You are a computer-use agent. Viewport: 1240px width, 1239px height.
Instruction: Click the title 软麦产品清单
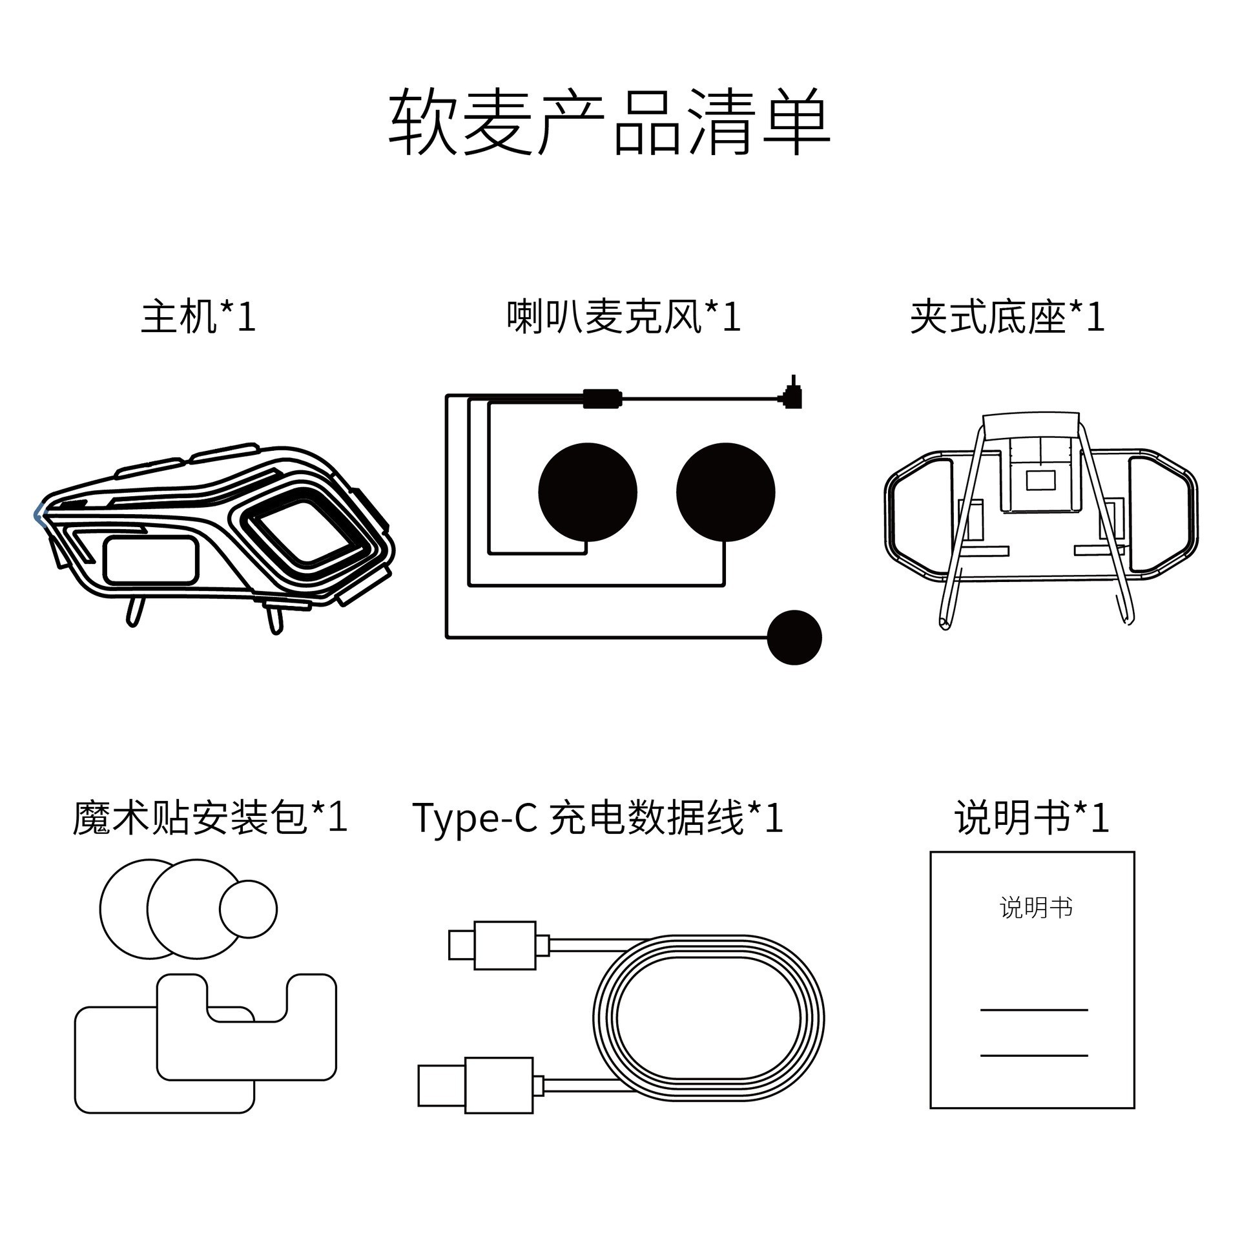click(x=609, y=122)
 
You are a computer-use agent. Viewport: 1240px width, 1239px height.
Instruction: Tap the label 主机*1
click(x=198, y=317)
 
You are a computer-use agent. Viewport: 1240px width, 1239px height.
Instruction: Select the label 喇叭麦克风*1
click(x=623, y=317)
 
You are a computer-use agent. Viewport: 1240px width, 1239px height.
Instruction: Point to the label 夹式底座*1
click(x=1007, y=317)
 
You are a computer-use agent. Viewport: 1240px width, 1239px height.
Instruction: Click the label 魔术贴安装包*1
click(x=210, y=817)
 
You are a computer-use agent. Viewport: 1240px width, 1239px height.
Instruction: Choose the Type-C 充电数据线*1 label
click(x=597, y=817)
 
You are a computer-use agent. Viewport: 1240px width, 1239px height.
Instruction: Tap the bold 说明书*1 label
click(x=1031, y=817)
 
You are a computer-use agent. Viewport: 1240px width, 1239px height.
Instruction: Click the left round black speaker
click(x=587, y=492)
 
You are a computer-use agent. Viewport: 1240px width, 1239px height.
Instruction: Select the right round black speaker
click(x=725, y=492)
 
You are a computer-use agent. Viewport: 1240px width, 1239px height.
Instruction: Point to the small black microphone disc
click(x=794, y=637)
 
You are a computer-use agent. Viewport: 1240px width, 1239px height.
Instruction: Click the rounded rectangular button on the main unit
click(x=150, y=559)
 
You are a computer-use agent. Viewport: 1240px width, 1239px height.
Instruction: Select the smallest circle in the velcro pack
click(x=248, y=908)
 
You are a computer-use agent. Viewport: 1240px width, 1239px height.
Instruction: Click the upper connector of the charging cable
click(x=499, y=945)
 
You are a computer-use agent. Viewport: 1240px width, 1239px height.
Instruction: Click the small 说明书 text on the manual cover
click(x=1035, y=908)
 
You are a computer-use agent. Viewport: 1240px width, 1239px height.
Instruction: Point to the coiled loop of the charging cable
click(x=708, y=1019)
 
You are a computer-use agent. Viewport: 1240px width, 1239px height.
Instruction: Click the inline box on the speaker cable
click(x=601, y=398)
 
